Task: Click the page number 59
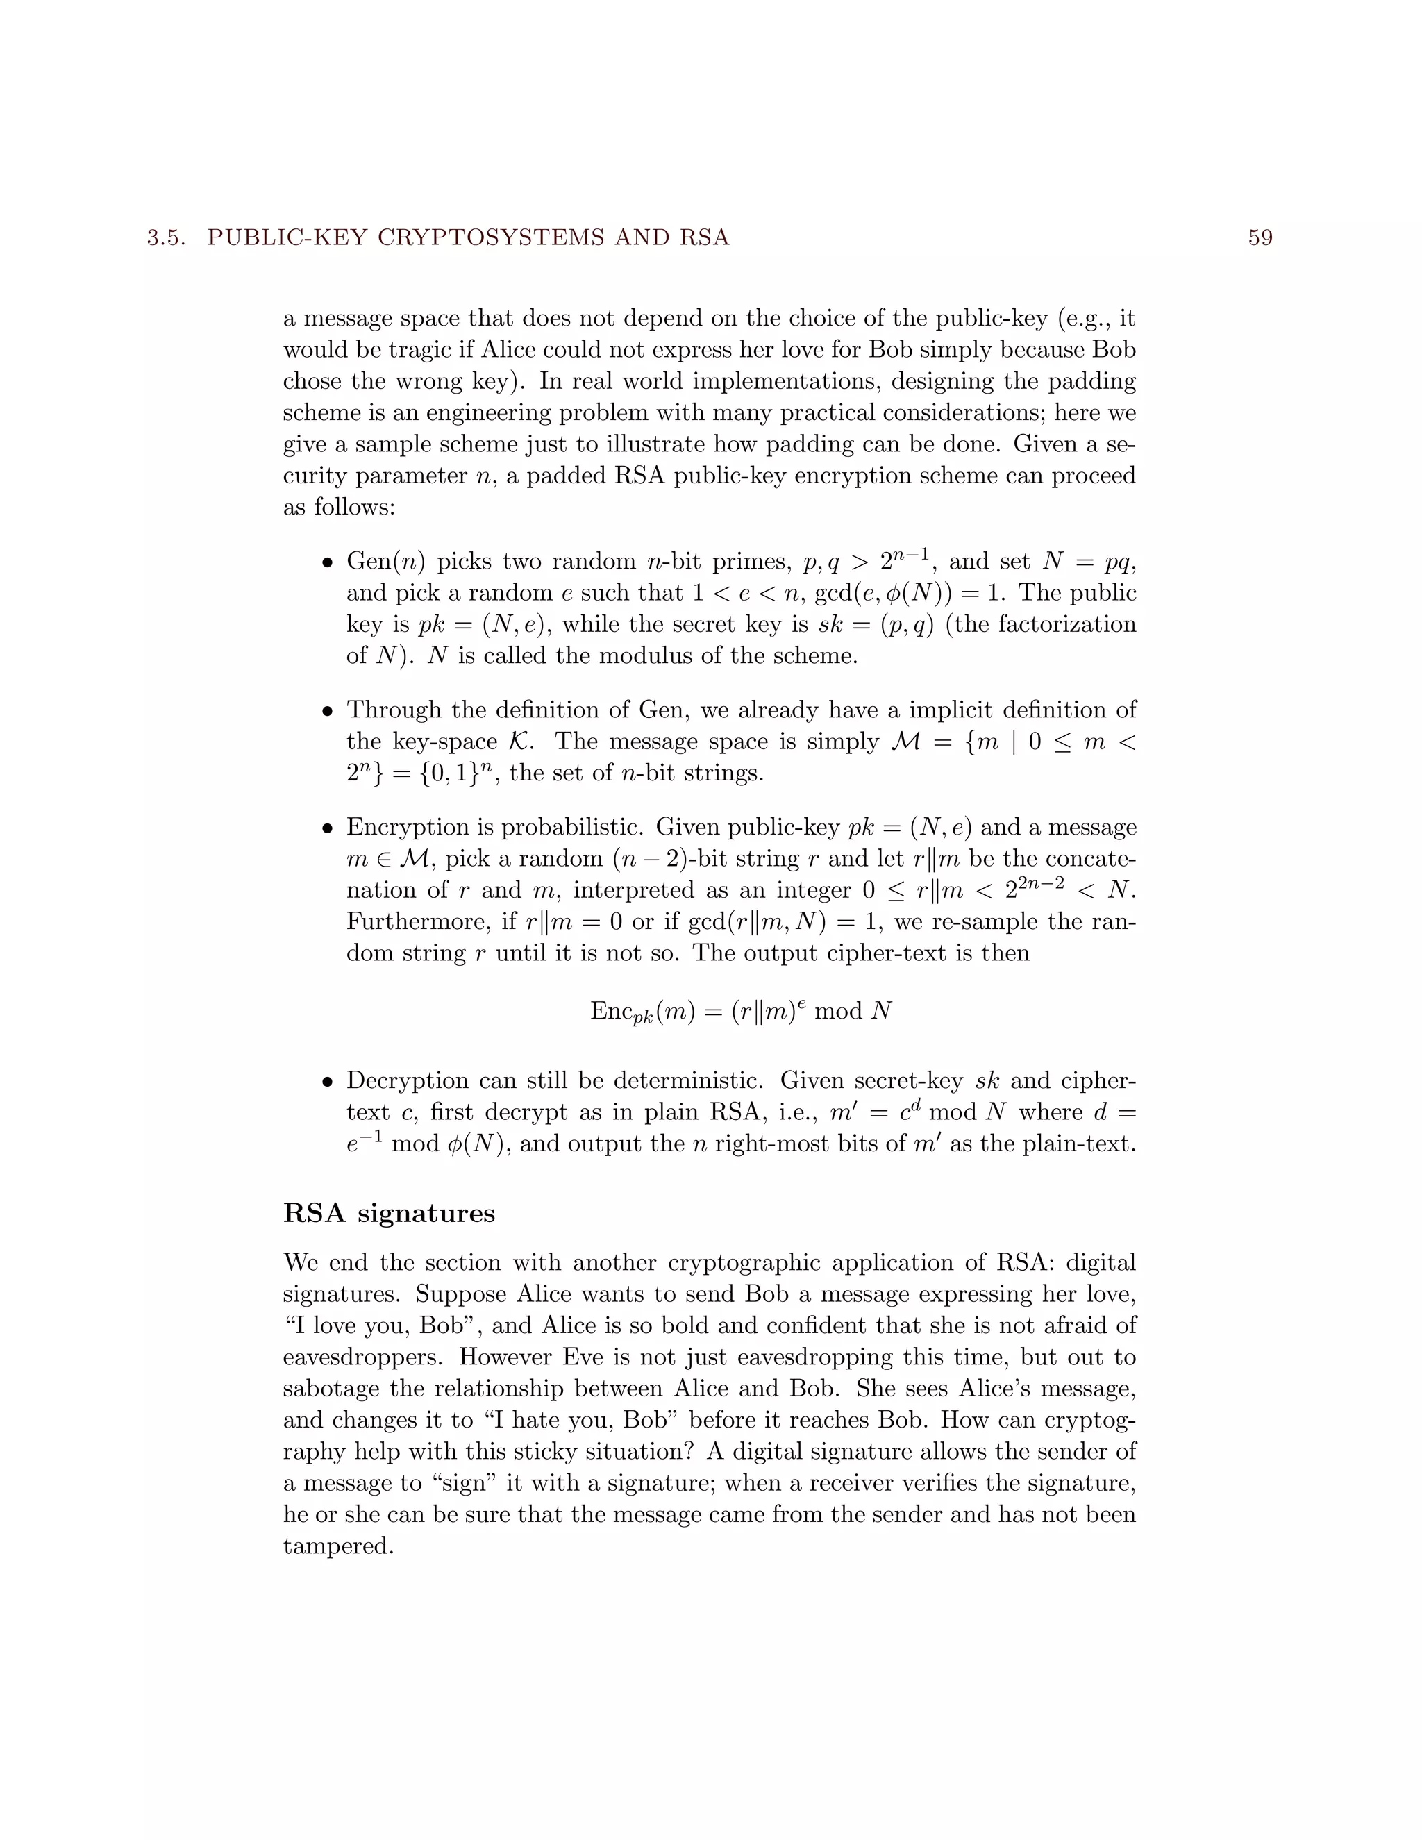pyautogui.click(x=1260, y=238)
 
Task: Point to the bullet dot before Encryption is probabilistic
pyautogui.click(x=328, y=829)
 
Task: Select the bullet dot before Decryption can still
pyautogui.click(x=328, y=1082)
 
